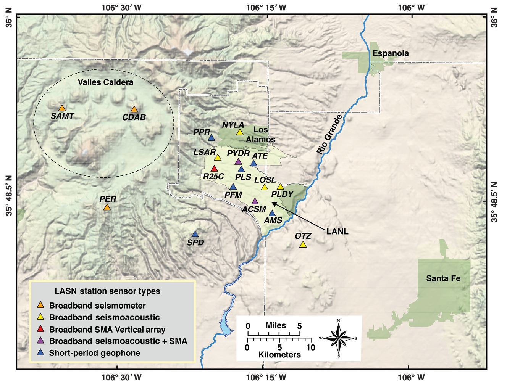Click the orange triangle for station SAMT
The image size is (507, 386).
point(62,108)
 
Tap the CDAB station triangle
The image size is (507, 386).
point(134,109)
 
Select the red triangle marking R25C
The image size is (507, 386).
point(214,169)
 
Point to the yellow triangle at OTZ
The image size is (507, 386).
point(303,244)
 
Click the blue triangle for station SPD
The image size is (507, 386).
point(195,234)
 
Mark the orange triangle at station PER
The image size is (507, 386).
point(107,207)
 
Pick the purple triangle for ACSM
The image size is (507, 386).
point(255,201)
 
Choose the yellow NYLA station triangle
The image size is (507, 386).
point(240,132)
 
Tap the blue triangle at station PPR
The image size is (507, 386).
point(211,137)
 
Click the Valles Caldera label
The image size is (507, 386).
point(106,82)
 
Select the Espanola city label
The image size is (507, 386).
point(391,53)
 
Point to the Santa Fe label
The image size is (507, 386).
point(443,278)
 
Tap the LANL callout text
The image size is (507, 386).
point(337,231)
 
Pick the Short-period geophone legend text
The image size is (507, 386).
point(95,353)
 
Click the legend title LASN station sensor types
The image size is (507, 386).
point(107,291)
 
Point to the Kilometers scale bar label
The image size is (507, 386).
point(279,355)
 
